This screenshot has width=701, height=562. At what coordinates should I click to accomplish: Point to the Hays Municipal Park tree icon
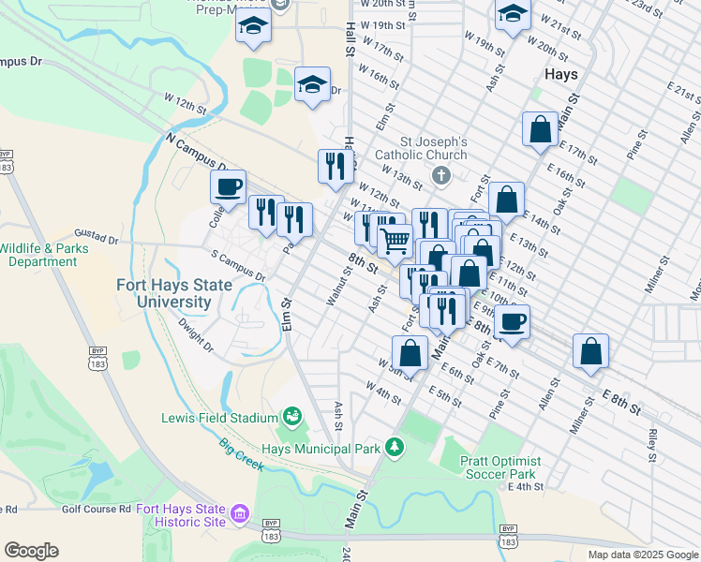(x=395, y=448)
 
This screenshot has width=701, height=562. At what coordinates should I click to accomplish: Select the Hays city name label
(x=559, y=73)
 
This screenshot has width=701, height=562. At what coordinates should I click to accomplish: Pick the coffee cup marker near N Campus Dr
(x=229, y=186)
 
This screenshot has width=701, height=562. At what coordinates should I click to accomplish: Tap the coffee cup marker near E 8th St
(x=512, y=321)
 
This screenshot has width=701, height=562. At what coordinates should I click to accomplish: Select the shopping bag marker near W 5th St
(x=410, y=352)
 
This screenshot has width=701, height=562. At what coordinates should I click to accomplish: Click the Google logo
(x=31, y=551)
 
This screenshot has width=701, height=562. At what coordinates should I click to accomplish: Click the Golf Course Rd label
(x=97, y=509)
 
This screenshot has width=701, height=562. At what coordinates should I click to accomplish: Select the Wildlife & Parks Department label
(x=51, y=255)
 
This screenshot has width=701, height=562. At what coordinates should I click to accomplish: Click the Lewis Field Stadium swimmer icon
(x=292, y=416)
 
